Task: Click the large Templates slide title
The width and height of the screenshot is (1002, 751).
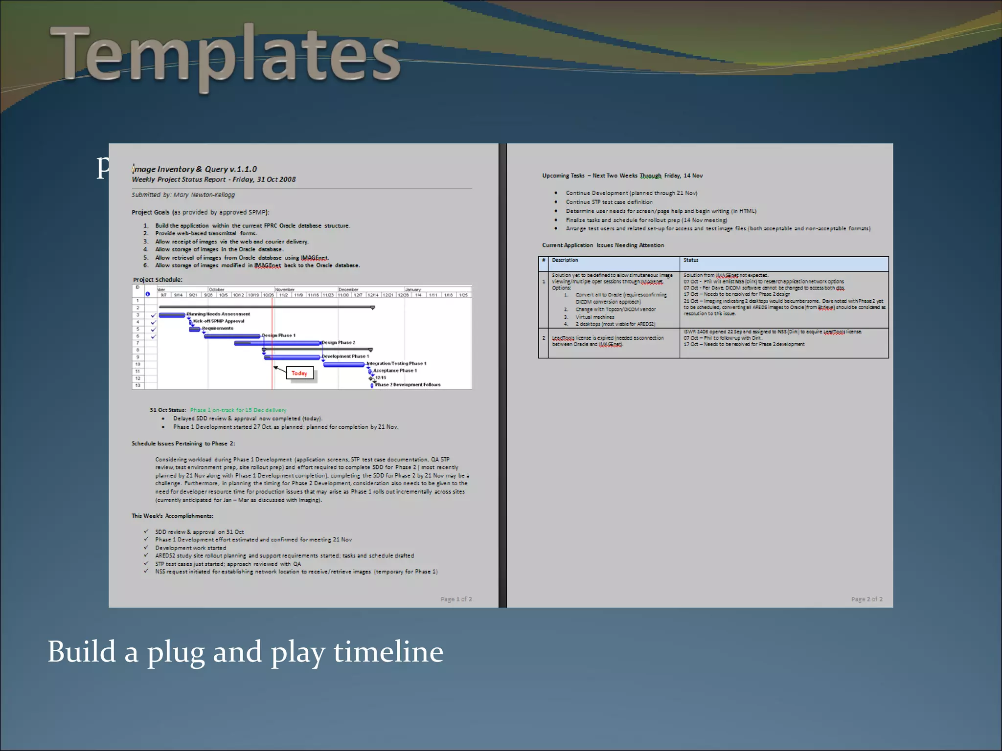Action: click(225, 56)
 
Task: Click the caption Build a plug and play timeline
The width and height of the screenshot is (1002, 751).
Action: click(245, 652)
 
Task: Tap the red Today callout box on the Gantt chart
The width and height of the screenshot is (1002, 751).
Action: click(299, 373)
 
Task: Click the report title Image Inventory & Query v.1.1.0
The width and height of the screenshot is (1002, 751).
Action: click(195, 169)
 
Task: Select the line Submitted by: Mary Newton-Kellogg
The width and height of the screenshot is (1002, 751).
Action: click(183, 195)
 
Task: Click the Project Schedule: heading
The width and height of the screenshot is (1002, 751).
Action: click(158, 280)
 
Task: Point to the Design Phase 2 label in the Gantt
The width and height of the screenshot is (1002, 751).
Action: click(339, 342)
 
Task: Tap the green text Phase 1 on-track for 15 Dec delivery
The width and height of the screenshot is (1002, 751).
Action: click(238, 410)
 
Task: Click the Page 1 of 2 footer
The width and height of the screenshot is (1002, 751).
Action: click(456, 599)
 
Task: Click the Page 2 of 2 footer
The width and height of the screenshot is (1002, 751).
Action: click(866, 599)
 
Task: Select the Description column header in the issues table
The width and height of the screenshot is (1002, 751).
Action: click(565, 260)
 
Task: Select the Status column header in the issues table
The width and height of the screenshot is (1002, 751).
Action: click(690, 260)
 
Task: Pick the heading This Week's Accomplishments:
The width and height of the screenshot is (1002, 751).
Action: click(172, 516)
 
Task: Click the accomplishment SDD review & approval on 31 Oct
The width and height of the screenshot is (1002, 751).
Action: click(200, 532)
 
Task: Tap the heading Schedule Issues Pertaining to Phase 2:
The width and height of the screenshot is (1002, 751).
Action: click(183, 443)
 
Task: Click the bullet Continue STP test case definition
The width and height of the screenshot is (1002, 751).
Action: click(609, 202)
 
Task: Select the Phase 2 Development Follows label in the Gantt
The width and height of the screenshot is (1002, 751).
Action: click(408, 385)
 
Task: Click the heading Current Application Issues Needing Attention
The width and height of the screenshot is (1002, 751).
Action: click(603, 245)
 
